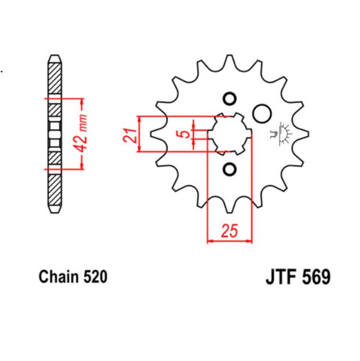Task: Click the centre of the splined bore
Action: point(229,134)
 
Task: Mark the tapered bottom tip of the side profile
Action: point(54,209)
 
